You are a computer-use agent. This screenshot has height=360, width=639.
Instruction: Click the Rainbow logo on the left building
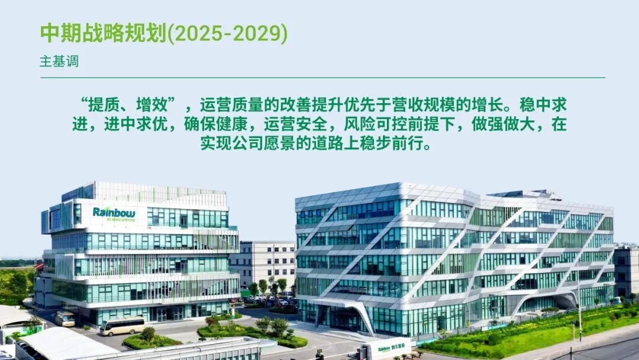pos(114,213)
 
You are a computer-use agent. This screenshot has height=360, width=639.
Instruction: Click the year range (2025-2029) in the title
pos(228,34)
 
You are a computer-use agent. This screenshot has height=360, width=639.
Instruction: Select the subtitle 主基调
pos(59,62)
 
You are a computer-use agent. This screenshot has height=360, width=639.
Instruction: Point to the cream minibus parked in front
pos(122,326)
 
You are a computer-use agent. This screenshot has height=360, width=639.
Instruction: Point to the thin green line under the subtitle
pos(322,78)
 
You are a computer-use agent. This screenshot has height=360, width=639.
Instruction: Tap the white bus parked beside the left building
pos(64,319)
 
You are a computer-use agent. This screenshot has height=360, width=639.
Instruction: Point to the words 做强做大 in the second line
pos(506,125)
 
